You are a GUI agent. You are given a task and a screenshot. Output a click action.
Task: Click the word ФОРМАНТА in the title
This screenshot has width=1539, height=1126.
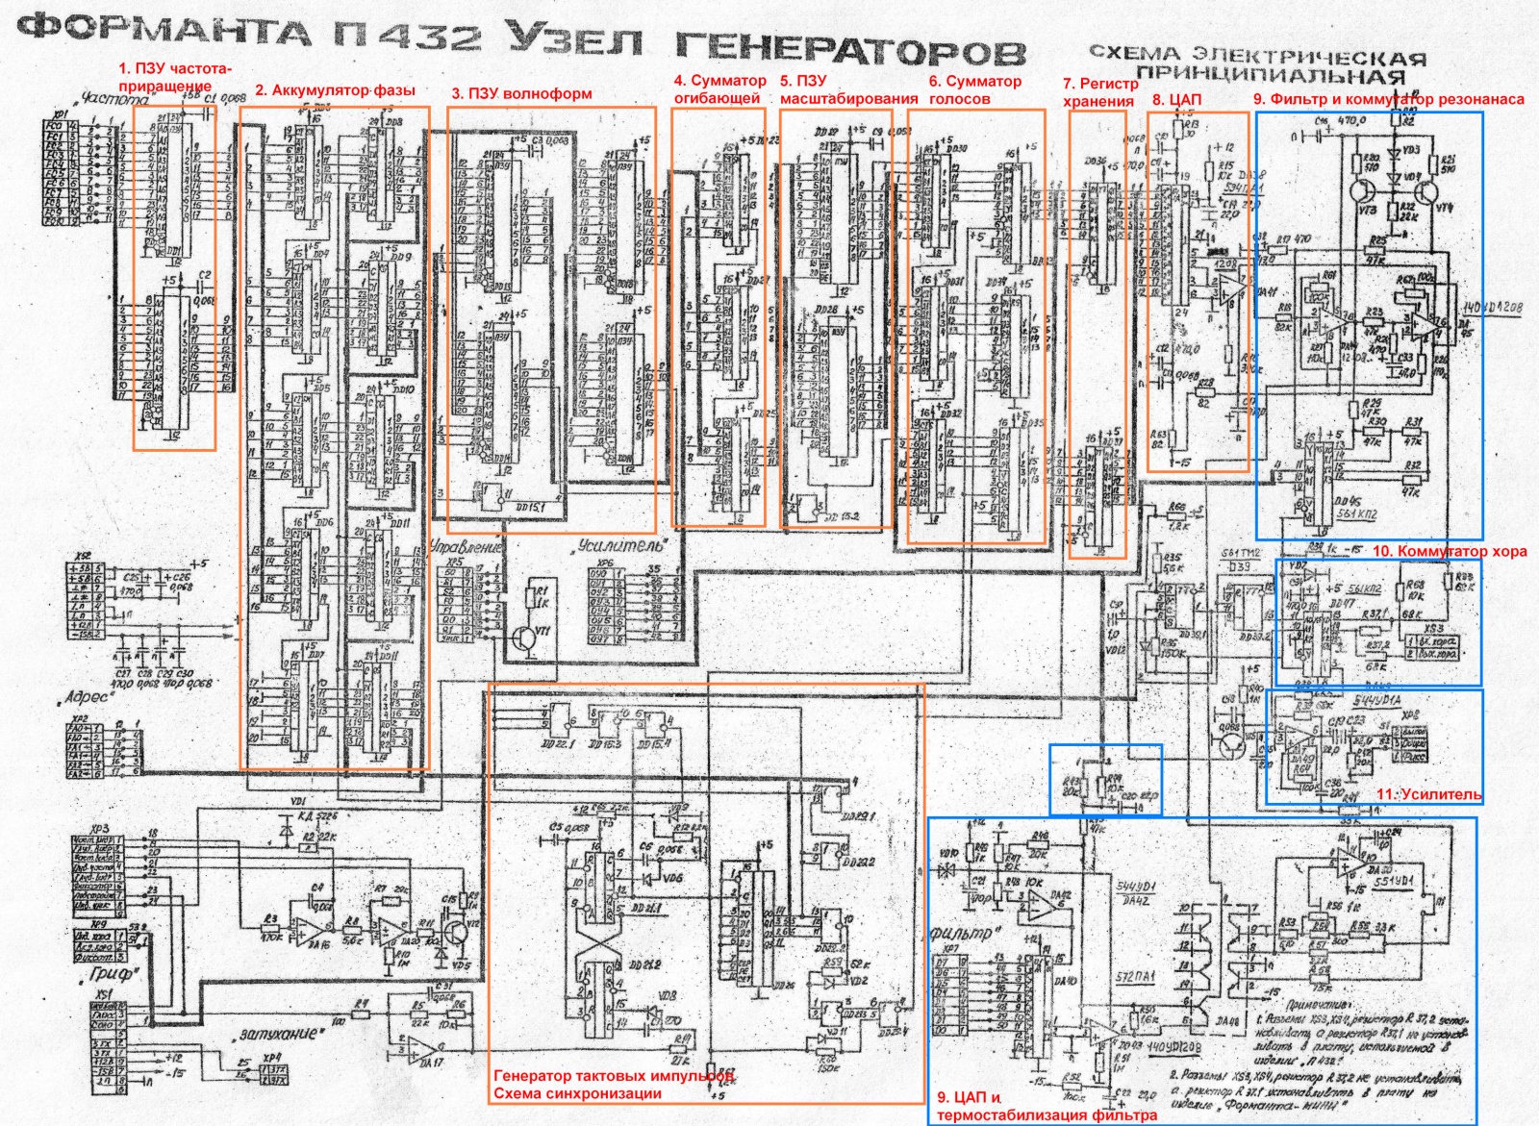(164, 31)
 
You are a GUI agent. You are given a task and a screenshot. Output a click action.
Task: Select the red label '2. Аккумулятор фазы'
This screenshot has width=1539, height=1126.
(335, 90)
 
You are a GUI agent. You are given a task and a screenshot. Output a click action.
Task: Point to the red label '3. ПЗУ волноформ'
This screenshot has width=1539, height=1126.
(521, 93)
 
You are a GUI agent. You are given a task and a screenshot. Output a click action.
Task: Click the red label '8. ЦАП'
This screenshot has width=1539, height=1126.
(1176, 99)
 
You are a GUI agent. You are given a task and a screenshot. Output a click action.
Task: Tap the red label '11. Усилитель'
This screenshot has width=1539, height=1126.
(1428, 794)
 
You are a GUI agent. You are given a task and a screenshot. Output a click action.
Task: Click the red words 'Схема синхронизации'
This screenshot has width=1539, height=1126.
(577, 1093)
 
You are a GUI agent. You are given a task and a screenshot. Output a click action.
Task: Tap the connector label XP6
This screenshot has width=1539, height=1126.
(604, 563)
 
